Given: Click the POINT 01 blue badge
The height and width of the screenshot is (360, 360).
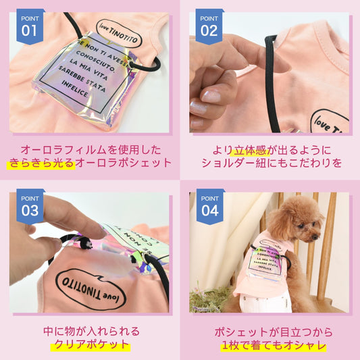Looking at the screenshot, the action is (x=30, y=26).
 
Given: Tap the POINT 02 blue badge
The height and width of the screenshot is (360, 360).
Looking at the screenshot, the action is (x=209, y=26).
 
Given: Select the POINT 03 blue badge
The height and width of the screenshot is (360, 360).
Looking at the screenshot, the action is (x=30, y=206).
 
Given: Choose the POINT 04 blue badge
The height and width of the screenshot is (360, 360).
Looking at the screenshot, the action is (x=210, y=206).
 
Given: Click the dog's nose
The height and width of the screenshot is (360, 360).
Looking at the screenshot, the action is (x=317, y=236).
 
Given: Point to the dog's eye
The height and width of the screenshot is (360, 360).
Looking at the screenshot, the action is (x=301, y=226).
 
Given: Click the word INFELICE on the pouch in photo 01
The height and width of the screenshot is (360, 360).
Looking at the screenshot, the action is (x=74, y=89).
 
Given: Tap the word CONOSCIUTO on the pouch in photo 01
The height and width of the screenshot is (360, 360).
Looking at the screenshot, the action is (x=95, y=61).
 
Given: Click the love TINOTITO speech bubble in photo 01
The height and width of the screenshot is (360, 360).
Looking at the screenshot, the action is (x=119, y=34).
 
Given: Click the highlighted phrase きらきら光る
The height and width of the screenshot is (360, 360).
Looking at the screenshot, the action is (x=41, y=163).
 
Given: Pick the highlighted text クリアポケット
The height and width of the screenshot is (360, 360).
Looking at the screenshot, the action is (x=92, y=344).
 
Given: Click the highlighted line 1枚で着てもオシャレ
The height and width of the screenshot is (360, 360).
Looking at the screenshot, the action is (x=274, y=345).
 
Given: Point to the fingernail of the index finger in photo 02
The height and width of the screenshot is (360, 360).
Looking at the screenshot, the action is (x=211, y=96).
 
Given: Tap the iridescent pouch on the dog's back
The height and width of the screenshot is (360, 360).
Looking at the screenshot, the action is (x=265, y=263).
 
